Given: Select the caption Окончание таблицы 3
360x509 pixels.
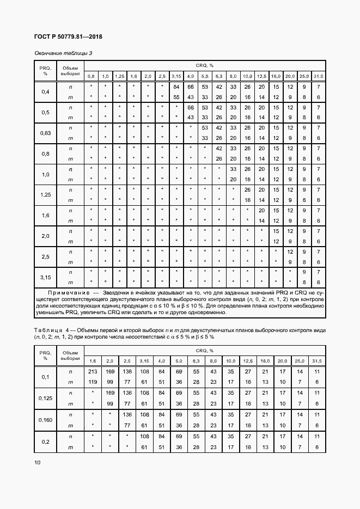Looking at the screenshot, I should coord(63,53).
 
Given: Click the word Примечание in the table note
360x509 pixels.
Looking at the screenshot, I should coord(60,293).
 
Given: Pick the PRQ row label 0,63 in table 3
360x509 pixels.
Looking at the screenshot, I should coord(45,133).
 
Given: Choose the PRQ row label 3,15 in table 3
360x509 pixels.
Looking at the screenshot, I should coord(45,277).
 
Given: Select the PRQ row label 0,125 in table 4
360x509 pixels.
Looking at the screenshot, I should coord(46,398).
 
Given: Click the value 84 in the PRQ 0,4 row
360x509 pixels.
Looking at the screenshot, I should coord(176,87).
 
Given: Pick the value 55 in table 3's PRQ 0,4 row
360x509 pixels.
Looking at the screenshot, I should coord(176,97).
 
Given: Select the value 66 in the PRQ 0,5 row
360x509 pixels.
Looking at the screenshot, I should coord(190,107).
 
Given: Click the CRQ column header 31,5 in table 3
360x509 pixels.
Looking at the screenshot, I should coord(318,76).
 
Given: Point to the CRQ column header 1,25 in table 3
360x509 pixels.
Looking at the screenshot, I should coord(120,76).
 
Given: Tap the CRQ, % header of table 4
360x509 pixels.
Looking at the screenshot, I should coord(205,351).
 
